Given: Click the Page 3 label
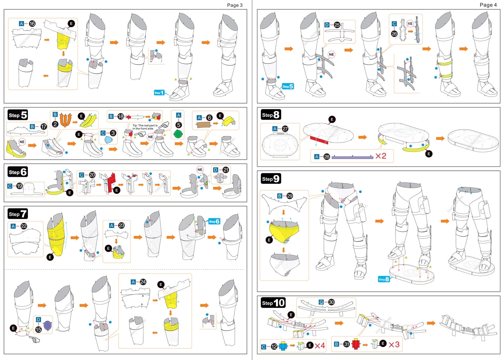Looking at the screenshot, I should pos(235,5).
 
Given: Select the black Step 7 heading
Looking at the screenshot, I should pos(18,214).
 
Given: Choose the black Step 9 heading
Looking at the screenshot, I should pos(271,178).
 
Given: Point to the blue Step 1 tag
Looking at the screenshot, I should pos(159,92).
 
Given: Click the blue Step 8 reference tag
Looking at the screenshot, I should pos(383,279).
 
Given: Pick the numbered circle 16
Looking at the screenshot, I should pos(32,24).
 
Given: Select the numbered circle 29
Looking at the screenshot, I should pos(290,196).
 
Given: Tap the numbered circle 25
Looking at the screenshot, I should pos(337,25).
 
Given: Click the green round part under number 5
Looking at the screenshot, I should pos(178,134).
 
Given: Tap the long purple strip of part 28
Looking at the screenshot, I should pos(352,157).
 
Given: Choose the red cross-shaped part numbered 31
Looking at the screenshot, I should pos(356,344).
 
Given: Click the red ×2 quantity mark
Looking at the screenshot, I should pos(381,156).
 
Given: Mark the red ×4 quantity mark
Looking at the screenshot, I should pos(320,346).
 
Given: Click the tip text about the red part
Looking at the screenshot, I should pos(145,127).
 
